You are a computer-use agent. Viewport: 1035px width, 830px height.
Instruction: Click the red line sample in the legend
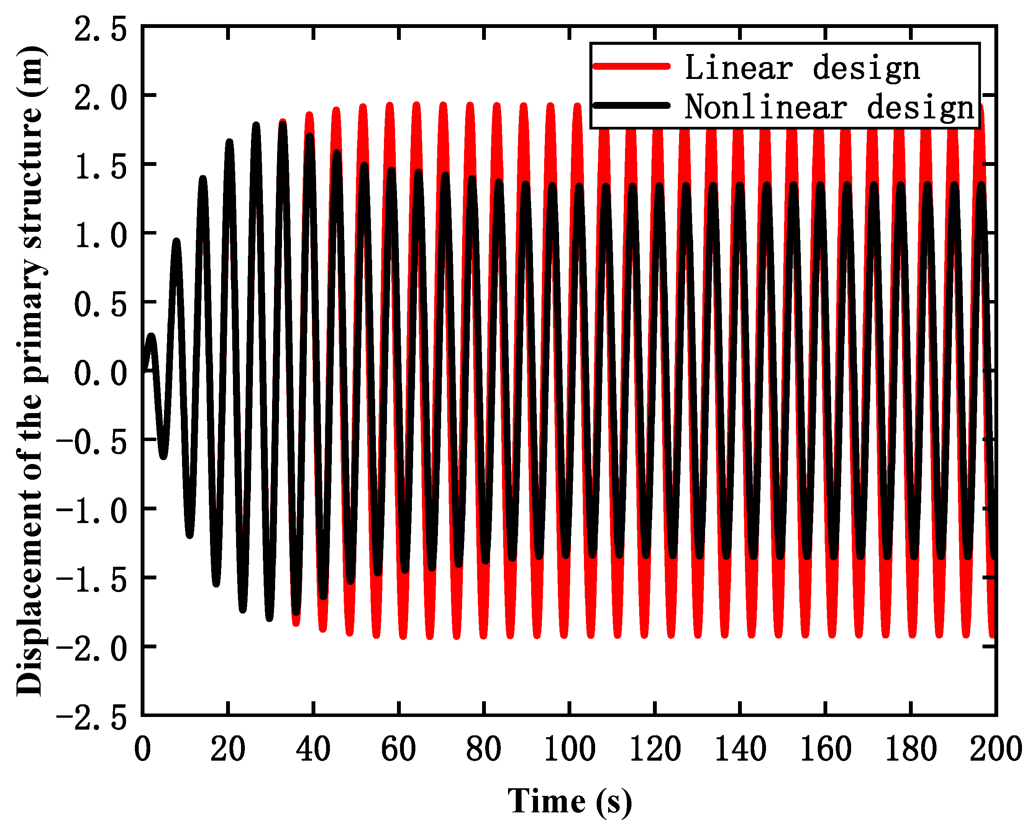click(631, 66)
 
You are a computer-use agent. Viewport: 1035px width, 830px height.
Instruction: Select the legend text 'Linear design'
click(802, 68)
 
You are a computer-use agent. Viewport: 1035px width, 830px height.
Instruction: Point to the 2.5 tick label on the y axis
click(101, 30)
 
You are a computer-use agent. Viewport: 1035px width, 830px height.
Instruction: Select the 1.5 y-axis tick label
click(101, 167)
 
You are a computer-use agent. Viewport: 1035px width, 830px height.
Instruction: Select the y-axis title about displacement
click(30, 371)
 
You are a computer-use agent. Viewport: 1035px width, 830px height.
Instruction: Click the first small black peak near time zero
click(152, 336)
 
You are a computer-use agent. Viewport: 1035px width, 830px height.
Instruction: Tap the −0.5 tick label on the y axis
click(92, 442)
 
